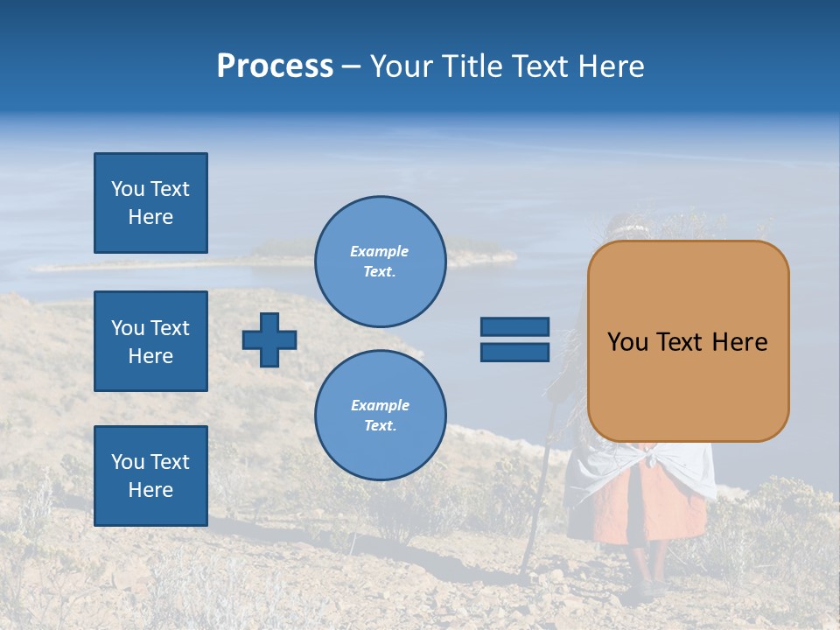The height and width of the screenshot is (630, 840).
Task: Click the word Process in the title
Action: [x=275, y=66]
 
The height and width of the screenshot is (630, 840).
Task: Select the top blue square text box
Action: [x=150, y=203]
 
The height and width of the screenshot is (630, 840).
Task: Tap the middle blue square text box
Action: [x=150, y=341]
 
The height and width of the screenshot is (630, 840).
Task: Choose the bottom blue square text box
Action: [x=150, y=476]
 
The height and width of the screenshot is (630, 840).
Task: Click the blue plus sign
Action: [x=269, y=339]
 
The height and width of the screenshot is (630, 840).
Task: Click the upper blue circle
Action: [x=380, y=261]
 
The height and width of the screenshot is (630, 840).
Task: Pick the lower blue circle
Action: [x=380, y=415]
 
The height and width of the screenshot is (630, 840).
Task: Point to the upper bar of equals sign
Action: [x=514, y=326]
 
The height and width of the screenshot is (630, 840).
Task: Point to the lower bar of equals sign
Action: [x=514, y=352]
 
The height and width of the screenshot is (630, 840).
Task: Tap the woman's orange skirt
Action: [x=647, y=507]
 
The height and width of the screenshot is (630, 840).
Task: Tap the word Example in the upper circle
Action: [x=379, y=251]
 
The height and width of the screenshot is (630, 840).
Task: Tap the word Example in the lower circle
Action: [x=380, y=405]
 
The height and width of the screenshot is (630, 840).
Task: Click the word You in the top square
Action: [x=127, y=189]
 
